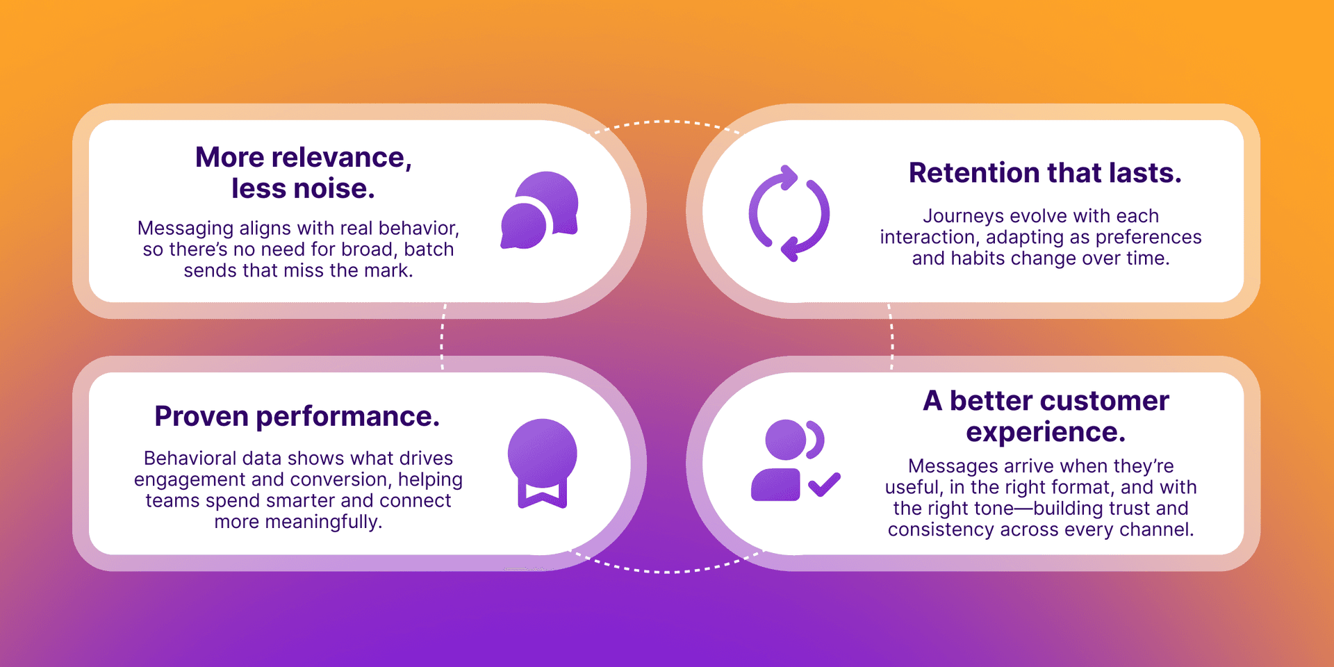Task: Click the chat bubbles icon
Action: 540,210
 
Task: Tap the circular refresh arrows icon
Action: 789,213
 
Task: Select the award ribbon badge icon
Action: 542,462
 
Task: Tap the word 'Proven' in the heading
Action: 201,417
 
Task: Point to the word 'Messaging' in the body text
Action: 185,229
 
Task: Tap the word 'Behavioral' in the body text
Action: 184,459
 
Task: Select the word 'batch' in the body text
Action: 429,249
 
